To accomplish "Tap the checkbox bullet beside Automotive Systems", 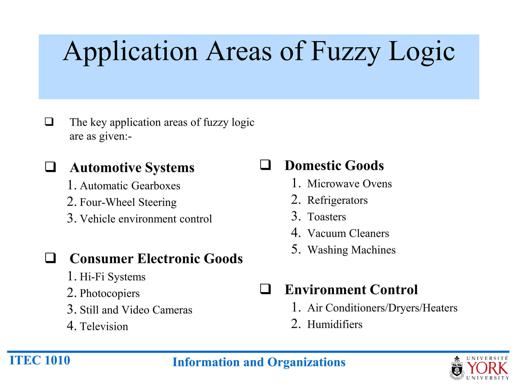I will pyautogui.click(x=50, y=167).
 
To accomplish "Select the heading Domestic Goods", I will pyautogui.click(x=334, y=166).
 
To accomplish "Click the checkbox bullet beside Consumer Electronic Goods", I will pyautogui.click(x=50, y=258).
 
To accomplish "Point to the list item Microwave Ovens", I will pyautogui.click(x=349, y=184).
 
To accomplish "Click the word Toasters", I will pyautogui.click(x=327, y=217).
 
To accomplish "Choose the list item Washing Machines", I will pyautogui.click(x=351, y=250).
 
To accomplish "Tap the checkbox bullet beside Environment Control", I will pyautogui.click(x=266, y=289).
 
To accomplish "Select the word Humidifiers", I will pyautogui.click(x=335, y=325).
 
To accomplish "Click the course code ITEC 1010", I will pyautogui.click(x=40, y=360).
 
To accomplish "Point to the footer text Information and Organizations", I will pyautogui.click(x=259, y=362).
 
